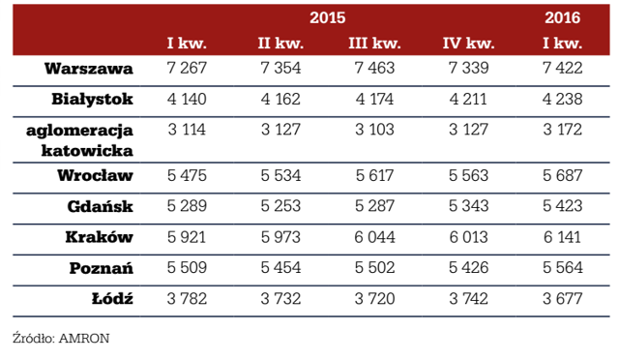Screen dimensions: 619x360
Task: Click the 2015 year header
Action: [327, 17]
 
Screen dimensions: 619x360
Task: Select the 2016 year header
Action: [562, 17]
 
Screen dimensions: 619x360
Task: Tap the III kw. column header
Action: [374, 43]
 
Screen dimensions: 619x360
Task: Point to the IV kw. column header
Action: [468, 43]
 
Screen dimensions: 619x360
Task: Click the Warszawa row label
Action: [88, 69]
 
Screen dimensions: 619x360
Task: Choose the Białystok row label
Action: [92, 99]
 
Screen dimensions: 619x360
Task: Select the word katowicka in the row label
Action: [87, 151]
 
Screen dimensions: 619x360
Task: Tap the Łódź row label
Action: [112, 298]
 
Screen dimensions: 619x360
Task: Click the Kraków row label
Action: [99, 237]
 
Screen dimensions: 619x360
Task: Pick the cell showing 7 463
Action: [374, 68]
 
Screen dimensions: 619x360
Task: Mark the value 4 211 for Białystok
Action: [468, 99]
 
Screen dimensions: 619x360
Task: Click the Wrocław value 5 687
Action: [562, 175]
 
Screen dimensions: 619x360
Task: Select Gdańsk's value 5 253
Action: [280, 206]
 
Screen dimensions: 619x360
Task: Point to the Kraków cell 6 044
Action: [374, 237]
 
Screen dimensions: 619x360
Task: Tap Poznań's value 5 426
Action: [468, 267]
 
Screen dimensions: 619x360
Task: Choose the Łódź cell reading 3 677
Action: [562, 298]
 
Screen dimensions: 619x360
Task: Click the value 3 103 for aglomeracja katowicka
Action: [374, 130]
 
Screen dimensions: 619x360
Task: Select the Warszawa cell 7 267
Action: [187, 68]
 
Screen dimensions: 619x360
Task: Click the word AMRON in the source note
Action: [84, 339]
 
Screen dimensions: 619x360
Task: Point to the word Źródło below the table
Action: [34, 339]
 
